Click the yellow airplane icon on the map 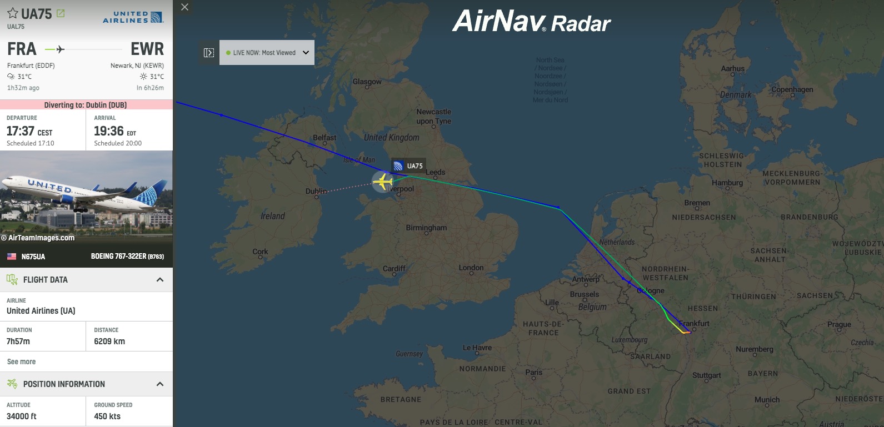coord(382,182)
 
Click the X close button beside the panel coord(185,7)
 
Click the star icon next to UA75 coord(13,13)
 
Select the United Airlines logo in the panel coord(133,17)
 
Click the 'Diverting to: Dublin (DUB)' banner coord(86,105)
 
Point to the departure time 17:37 coord(21,131)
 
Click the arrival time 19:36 coord(109,131)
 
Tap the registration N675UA coord(33,257)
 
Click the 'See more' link coord(21,361)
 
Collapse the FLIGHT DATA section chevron coord(160,280)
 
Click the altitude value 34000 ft coord(22,416)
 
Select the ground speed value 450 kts coord(107,416)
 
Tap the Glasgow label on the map coord(367,82)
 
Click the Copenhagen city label coord(792,89)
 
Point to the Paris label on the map coord(533,372)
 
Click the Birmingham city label coord(426,228)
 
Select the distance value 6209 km coord(109,341)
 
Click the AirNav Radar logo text coord(531,22)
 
